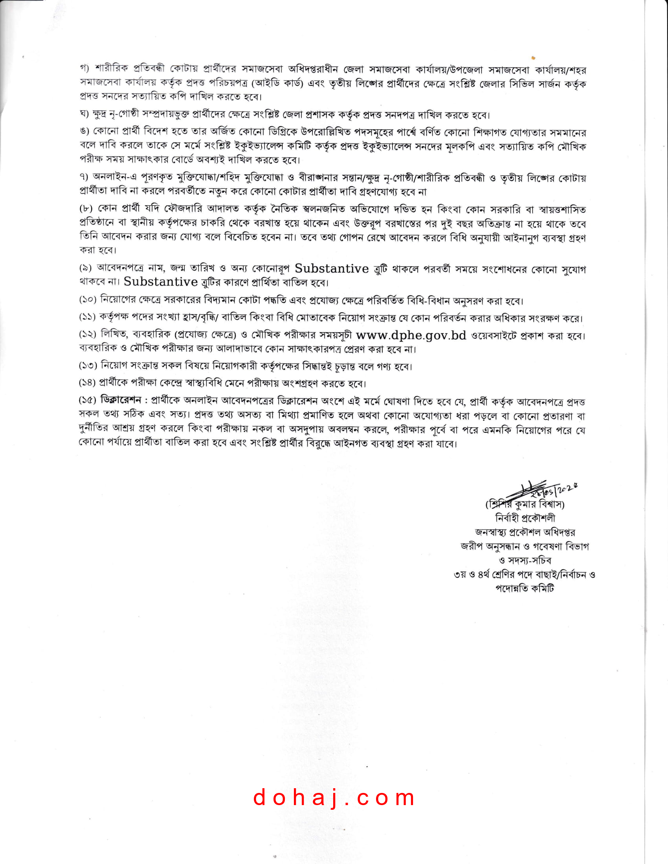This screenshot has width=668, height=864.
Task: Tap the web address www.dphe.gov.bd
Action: [411, 335]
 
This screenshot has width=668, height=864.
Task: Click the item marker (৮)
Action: [86, 209]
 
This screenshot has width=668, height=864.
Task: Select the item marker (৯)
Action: [86, 269]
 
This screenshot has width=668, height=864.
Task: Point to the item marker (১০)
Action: [88, 300]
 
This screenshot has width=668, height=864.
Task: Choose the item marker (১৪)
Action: [88, 383]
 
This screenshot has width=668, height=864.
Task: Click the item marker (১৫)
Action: [88, 400]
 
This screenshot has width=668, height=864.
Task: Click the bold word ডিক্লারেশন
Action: [121, 400]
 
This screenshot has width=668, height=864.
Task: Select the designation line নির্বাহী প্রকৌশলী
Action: [525, 518]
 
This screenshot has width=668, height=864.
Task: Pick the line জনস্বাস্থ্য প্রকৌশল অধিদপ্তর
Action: [525, 532]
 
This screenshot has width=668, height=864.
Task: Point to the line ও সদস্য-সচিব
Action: [525, 560]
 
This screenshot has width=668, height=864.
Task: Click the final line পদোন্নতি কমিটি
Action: [525, 588]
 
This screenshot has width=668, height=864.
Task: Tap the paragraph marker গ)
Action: [85, 68]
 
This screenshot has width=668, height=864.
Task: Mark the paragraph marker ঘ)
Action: [85, 115]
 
